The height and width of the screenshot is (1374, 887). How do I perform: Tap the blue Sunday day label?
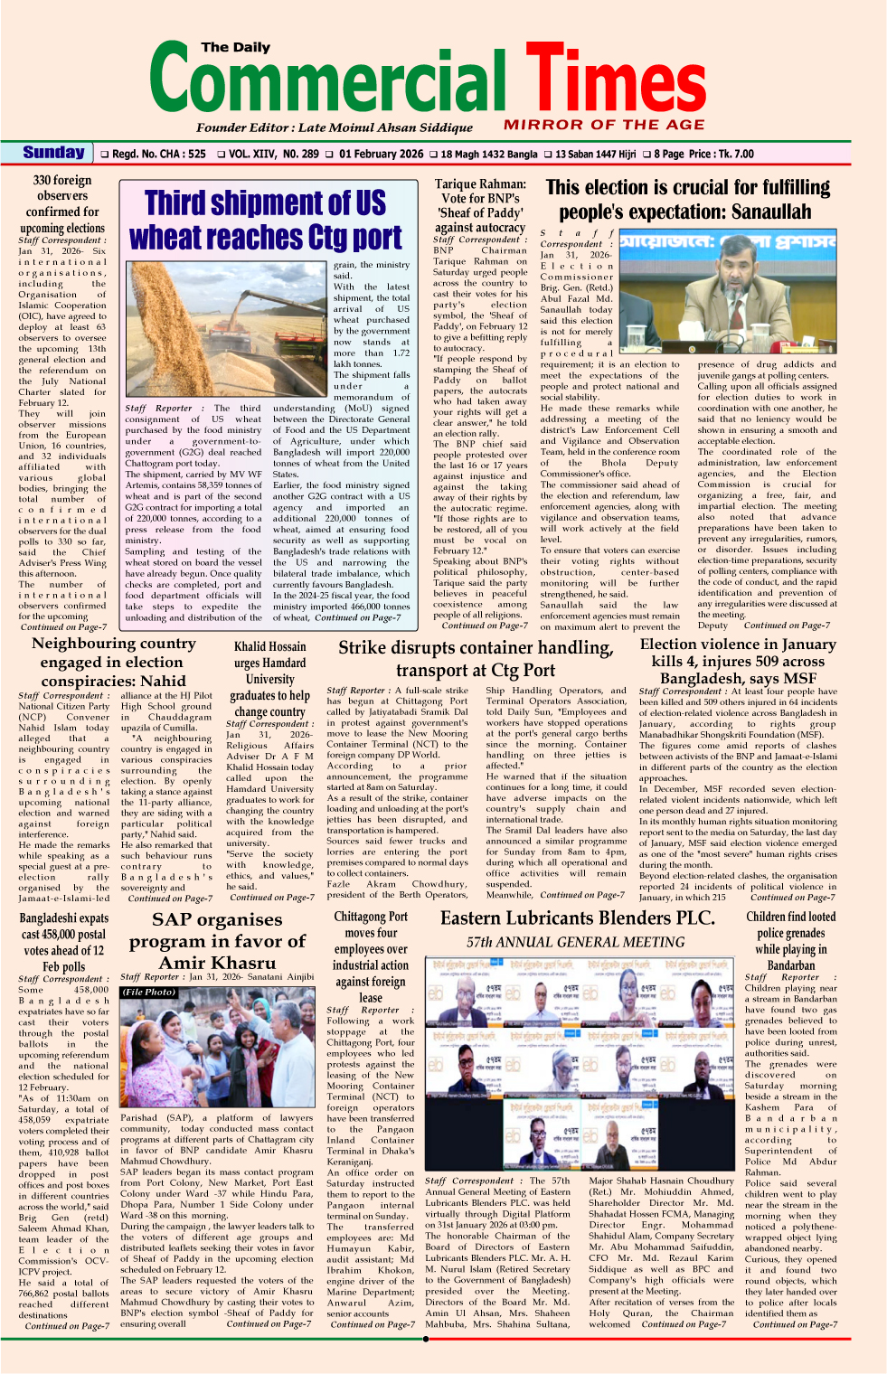(x=54, y=153)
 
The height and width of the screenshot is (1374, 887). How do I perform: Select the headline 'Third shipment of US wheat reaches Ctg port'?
(x=266, y=220)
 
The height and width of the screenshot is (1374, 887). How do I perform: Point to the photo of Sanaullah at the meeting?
(x=690, y=296)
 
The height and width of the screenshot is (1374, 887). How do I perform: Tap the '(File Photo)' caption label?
(x=149, y=993)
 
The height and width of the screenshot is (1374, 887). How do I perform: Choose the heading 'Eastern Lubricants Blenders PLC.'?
(x=578, y=918)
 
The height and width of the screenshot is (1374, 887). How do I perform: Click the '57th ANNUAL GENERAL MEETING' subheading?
(x=575, y=942)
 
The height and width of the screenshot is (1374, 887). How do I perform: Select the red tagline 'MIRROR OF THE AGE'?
(x=604, y=125)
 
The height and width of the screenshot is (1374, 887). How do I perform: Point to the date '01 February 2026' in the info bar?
(x=381, y=154)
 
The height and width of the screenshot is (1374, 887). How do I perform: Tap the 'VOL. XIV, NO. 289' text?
(x=273, y=154)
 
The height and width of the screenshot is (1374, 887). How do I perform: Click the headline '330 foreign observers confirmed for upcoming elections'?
(x=62, y=204)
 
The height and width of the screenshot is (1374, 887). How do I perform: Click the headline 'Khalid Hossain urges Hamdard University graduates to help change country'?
(x=269, y=679)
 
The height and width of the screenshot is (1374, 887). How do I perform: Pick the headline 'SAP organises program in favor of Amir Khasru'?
(x=217, y=941)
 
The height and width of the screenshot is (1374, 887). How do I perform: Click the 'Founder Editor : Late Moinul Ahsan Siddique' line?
(x=335, y=127)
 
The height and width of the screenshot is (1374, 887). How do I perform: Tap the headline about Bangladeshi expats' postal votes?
(x=63, y=942)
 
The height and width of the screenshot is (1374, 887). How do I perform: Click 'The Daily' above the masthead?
(x=235, y=47)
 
